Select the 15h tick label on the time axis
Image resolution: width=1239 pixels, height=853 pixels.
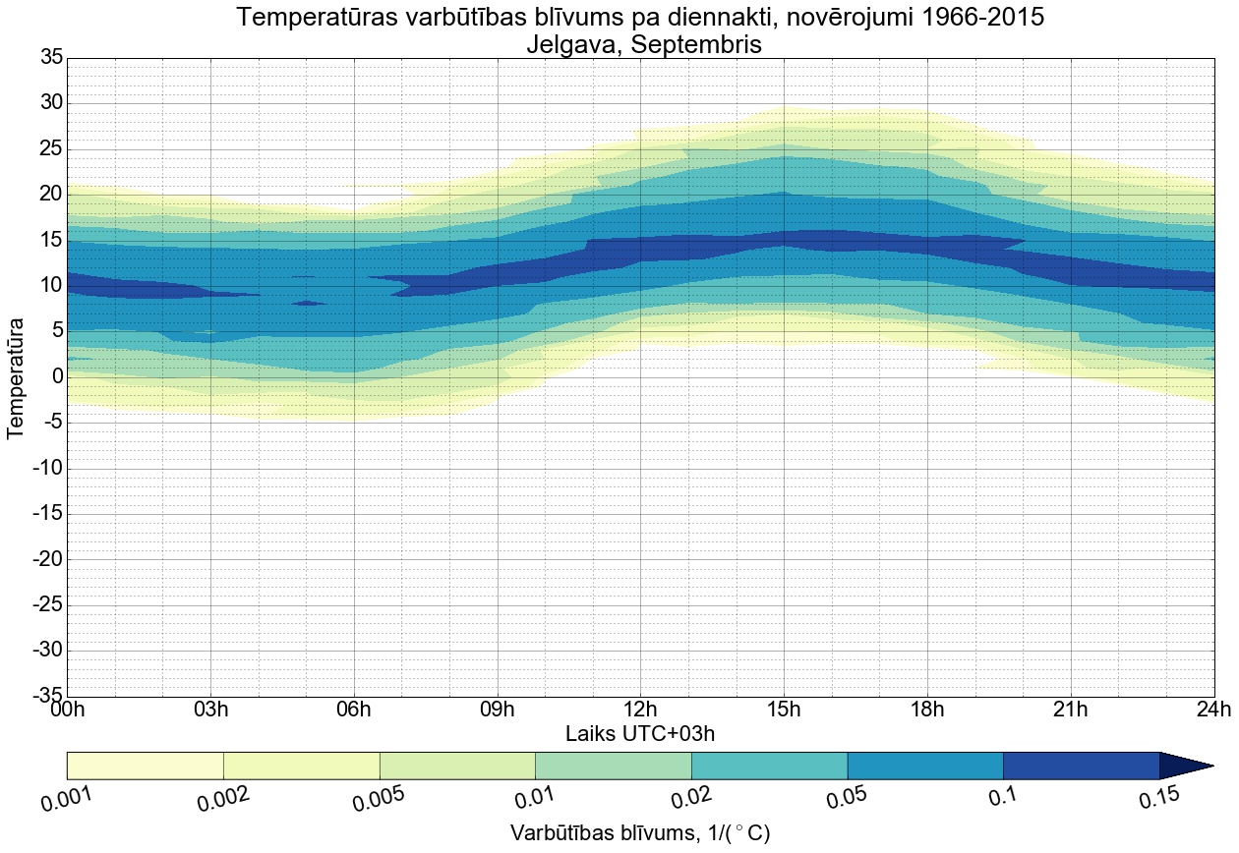(x=784, y=710)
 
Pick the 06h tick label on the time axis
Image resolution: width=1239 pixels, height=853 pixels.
(x=353, y=710)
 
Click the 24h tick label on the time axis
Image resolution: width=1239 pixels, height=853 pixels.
(x=1213, y=710)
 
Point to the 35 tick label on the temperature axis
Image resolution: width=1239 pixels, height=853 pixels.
(x=51, y=58)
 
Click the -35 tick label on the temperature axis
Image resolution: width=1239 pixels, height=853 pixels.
(x=46, y=696)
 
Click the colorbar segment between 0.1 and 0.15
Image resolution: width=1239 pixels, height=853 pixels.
(x=1081, y=766)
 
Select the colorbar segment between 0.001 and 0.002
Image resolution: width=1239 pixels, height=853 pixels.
(x=146, y=766)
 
